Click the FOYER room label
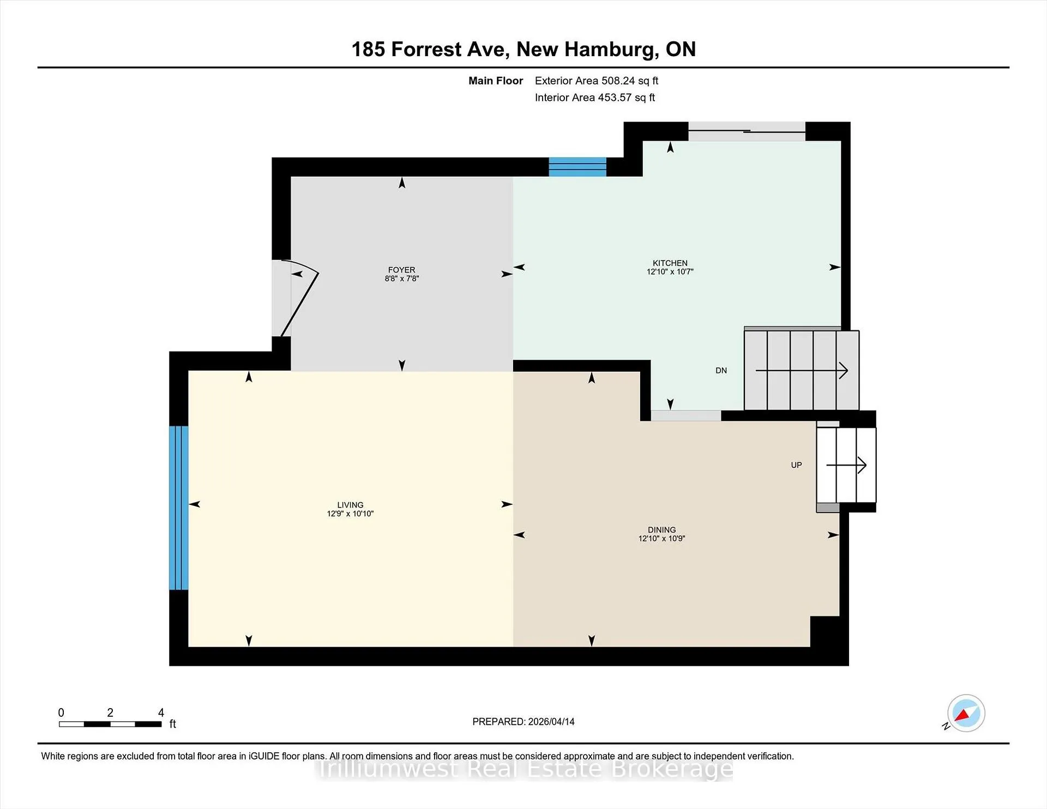pos(401,270)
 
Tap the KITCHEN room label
pos(670,263)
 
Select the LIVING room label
pos(350,505)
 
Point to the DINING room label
pos(661,530)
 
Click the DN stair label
pos(721,371)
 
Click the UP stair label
pos(796,465)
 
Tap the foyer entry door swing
pos(299,299)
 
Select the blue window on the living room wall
pos(179,508)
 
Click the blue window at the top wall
pos(577,167)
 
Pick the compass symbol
pos(966,713)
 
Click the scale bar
pos(110,724)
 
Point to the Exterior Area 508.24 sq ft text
pos(597,81)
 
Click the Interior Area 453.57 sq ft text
pos(595,98)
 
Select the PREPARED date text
pos(523,722)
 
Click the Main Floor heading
pos(496,81)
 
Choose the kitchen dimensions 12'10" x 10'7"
pos(670,271)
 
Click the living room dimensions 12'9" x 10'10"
pos(350,514)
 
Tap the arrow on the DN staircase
pos(802,371)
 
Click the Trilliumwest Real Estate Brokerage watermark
pos(525,769)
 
